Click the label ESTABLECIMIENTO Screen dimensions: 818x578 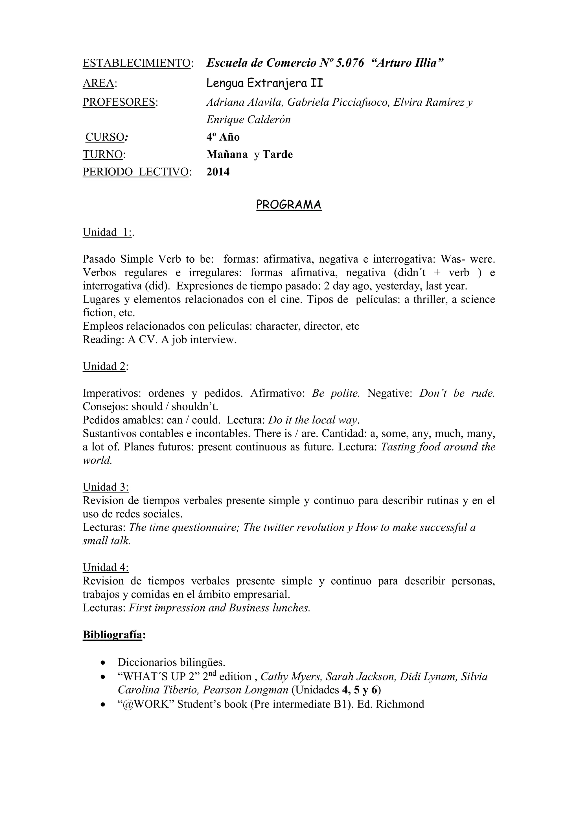[137, 64]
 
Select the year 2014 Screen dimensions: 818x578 [218, 172]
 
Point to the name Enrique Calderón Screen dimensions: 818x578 [248, 120]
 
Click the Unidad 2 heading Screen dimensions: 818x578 [104, 366]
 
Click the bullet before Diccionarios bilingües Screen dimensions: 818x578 [103, 663]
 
